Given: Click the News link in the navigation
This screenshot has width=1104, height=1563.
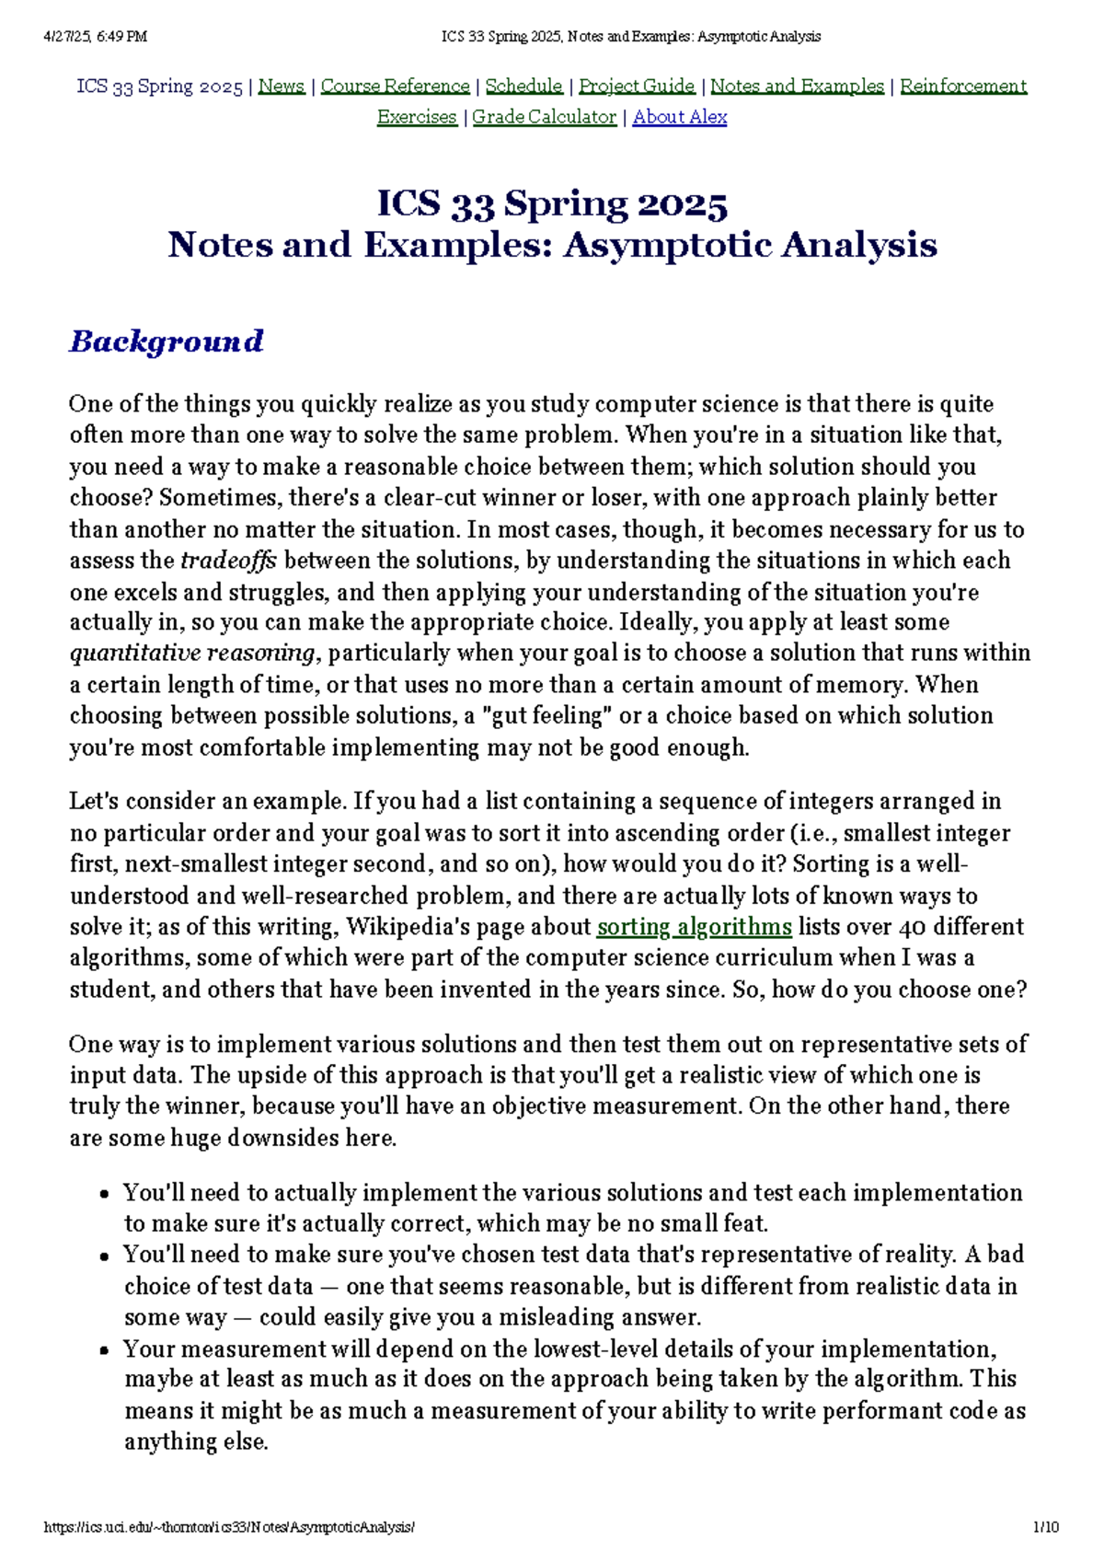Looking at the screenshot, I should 281,87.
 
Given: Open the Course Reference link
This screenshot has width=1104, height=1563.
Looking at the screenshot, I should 395,87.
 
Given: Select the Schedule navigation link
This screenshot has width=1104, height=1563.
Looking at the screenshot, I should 523,87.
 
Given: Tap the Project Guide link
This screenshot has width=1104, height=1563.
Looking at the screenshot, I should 637,87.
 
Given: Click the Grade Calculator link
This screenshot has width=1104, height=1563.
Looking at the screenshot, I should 544,117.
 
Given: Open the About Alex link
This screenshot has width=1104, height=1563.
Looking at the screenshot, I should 680,117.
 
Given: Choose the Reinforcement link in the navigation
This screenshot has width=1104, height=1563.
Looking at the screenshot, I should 962,87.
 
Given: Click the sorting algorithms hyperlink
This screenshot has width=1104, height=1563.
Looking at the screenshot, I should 694,927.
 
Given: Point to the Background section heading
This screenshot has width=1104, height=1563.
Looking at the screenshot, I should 167,342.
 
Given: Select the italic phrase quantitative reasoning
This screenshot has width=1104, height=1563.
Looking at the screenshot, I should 192,654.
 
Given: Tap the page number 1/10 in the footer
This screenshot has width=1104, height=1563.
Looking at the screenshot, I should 1045,1527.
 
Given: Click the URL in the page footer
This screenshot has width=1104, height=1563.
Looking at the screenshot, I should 229,1527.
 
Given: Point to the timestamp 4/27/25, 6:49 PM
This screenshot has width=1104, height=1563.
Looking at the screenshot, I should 95,37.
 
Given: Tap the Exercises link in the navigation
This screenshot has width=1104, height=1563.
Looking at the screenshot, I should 417,117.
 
